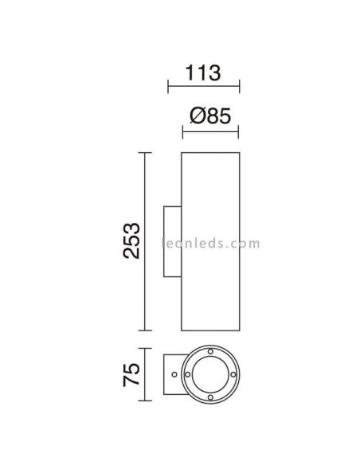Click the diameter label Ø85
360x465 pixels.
210,116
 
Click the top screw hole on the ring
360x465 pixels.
210,351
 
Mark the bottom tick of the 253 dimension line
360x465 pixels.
143,330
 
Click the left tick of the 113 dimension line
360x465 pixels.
166,84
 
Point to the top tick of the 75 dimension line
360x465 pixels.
143,350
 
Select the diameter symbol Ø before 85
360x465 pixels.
197,116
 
